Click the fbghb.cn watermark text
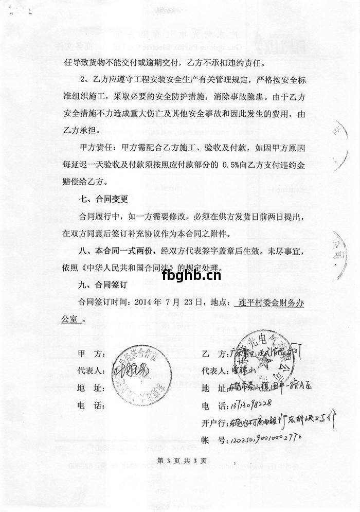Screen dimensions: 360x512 point(191,276)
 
